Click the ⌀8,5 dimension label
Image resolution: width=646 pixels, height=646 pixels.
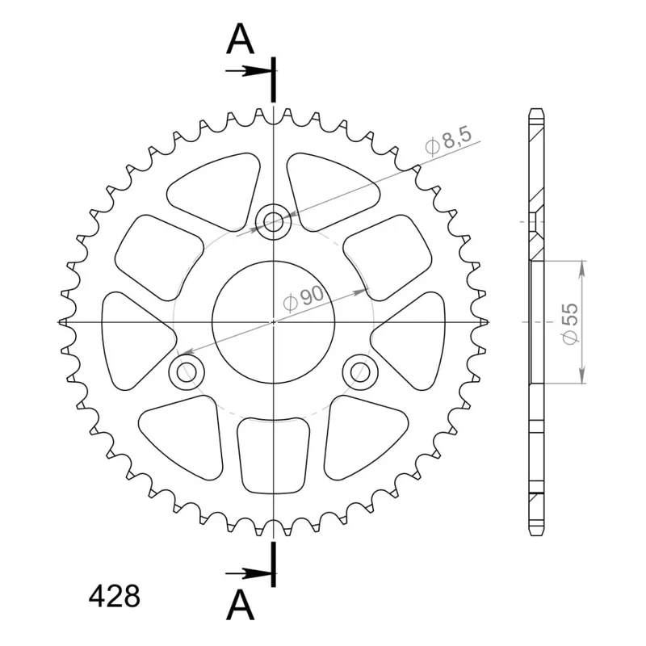tap(448, 141)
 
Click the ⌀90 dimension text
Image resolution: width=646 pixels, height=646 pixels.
tap(304, 298)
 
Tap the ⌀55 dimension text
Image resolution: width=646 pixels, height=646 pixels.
tap(570, 324)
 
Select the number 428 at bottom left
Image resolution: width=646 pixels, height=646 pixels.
tap(114, 596)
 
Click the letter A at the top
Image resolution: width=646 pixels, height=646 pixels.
tap(240, 39)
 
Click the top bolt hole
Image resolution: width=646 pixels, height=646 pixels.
tap(273, 222)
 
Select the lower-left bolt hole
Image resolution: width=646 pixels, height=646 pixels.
tap(187, 372)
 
